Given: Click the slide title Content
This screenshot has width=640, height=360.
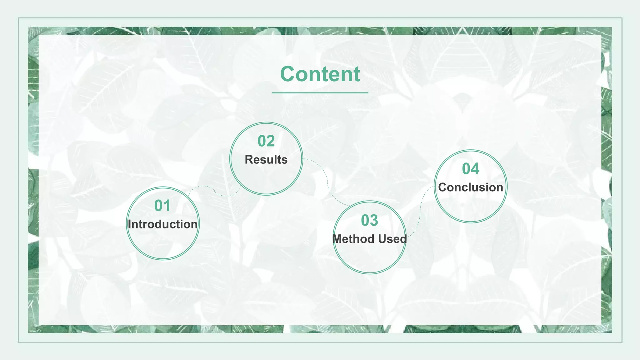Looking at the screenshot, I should (x=320, y=74).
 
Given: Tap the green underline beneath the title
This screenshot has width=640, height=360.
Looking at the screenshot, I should (x=320, y=93).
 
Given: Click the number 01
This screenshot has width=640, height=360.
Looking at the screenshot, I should (x=162, y=206).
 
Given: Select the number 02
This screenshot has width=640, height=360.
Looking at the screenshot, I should (x=266, y=141).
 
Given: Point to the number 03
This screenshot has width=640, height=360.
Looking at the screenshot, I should (x=369, y=220).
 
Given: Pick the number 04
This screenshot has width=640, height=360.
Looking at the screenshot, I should (x=471, y=169).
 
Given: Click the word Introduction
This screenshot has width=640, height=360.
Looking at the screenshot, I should (x=162, y=224).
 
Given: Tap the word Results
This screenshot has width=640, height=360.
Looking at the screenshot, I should (x=266, y=160).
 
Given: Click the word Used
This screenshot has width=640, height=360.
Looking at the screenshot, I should (x=392, y=239).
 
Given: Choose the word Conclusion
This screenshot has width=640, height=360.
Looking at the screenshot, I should (x=471, y=187).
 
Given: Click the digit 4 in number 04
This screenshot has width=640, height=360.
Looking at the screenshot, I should (x=475, y=169).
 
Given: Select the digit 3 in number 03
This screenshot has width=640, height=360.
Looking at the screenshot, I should (x=374, y=220).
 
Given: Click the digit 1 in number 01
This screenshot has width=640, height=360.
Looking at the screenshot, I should (x=167, y=206).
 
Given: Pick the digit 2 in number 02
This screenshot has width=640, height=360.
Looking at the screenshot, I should (x=271, y=141).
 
